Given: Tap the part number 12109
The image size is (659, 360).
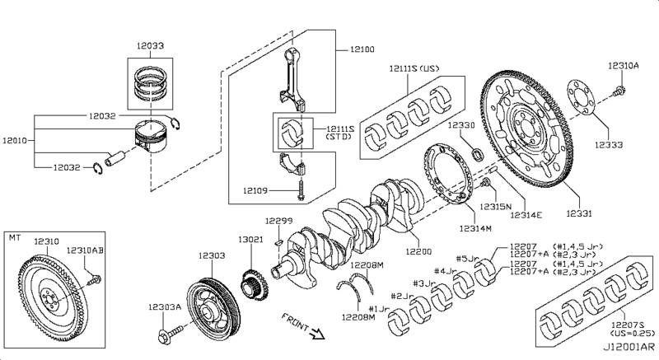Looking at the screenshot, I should tap(256, 190).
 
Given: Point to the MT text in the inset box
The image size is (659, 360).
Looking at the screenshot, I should tap(13, 237).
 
